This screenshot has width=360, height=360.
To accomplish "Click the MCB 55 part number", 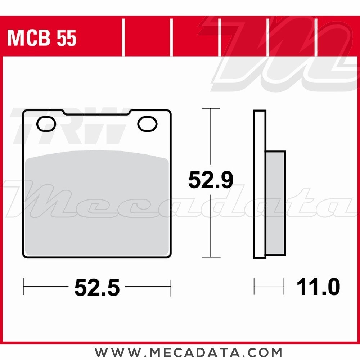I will tap(42, 39).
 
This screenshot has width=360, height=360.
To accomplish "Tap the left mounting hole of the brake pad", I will tap(46, 124).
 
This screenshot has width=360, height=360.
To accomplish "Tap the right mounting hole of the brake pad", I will tap(148, 124).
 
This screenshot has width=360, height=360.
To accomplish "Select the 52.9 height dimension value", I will tap(211, 180).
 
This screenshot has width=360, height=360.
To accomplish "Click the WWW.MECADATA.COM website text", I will tap(188, 352).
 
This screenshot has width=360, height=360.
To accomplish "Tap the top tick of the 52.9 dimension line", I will tap(211, 108).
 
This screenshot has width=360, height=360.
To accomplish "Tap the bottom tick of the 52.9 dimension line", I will tap(211, 257).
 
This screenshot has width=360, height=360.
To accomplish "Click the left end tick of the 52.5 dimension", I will tap(24, 287).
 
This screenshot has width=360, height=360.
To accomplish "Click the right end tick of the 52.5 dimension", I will tap(170, 287).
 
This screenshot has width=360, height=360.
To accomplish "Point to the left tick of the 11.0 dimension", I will tap(255, 287).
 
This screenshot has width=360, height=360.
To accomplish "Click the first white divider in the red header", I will tap(123, 38).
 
